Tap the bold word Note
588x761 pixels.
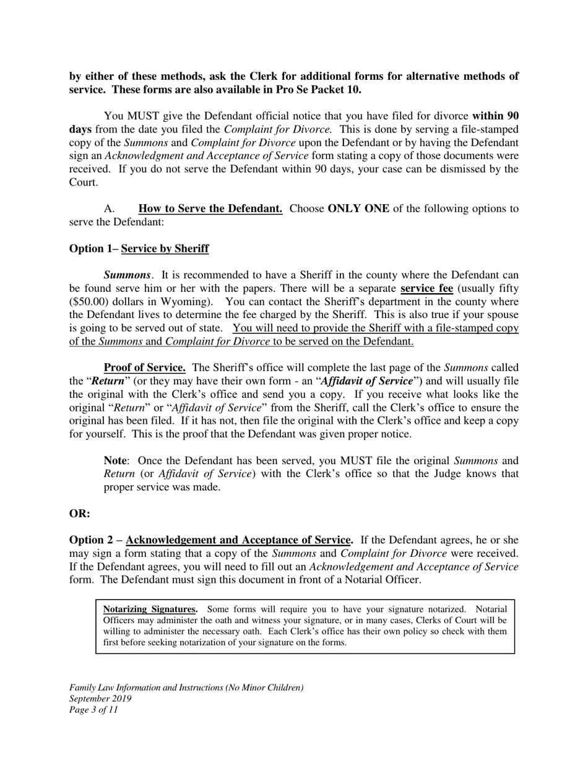[115, 461]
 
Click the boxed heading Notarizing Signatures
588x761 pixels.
[150, 609]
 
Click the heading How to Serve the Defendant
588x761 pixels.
[210, 209]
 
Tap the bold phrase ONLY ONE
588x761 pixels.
[358, 209]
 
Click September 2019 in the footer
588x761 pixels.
[100, 699]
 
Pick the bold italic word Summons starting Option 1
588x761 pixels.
[127, 275]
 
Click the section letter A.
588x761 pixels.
[109, 209]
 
